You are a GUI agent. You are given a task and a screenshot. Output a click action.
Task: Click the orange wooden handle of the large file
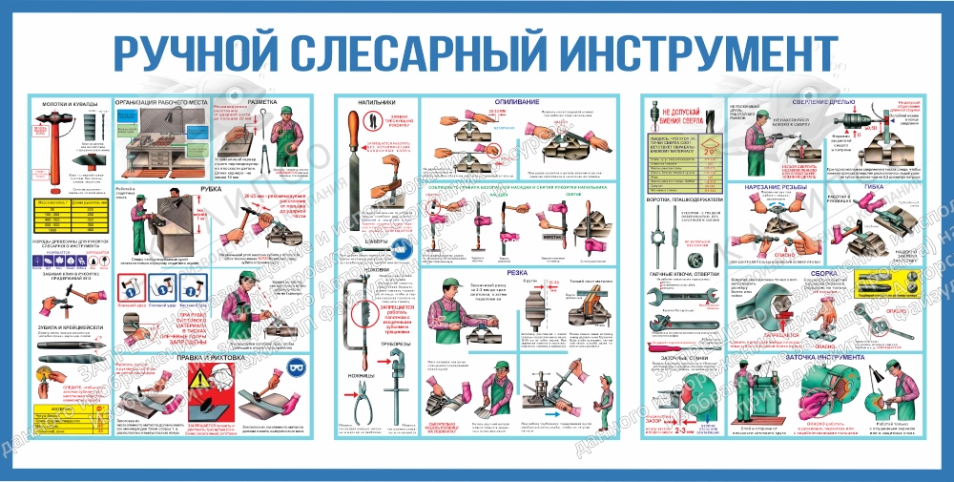coord(363,127)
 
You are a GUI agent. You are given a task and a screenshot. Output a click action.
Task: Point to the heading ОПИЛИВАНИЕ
coord(516,100)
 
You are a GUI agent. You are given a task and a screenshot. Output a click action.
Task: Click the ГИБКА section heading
coord(874,187)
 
